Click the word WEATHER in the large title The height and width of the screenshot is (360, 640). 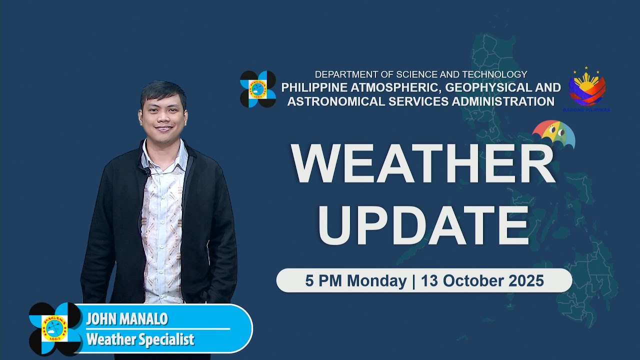pyautogui.click(x=423, y=164)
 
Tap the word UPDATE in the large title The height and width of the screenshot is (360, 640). pyautogui.click(x=423, y=225)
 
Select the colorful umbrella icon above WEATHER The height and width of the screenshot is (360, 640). pyautogui.click(x=553, y=134)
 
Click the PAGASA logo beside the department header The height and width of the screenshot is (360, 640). pyautogui.click(x=258, y=89)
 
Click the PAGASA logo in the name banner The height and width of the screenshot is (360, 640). pyautogui.click(x=55, y=328)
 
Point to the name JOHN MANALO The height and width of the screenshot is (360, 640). pyautogui.click(x=126, y=319)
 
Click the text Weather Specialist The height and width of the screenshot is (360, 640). pyautogui.click(x=140, y=340)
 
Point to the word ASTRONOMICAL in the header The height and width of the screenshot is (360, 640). pyautogui.click(x=335, y=101)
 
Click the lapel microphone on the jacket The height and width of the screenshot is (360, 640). pyautogui.click(x=146, y=171)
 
